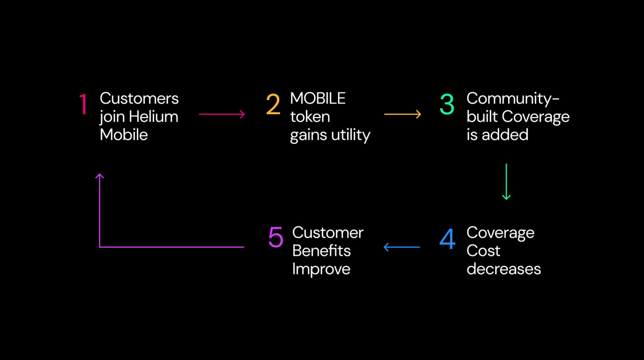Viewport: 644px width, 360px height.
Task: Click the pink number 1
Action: (x=84, y=105)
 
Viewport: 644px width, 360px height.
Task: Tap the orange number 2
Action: (x=273, y=105)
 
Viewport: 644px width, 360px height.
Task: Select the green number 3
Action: (x=447, y=105)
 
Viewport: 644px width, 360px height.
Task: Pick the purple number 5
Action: (x=276, y=237)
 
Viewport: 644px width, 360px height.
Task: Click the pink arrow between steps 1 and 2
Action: (x=221, y=115)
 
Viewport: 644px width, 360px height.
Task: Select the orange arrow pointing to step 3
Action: (x=403, y=115)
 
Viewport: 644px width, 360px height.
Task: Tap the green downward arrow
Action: (x=506, y=182)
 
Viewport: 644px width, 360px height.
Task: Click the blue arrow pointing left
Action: (x=401, y=247)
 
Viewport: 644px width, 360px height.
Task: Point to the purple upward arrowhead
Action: (x=100, y=176)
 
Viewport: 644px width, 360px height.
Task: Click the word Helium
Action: (x=153, y=117)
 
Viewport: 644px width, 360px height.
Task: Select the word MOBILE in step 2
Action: (x=317, y=99)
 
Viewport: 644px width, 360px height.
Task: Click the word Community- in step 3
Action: (x=513, y=99)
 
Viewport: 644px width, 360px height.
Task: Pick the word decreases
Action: (x=503, y=269)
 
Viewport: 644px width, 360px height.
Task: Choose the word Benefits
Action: (x=321, y=251)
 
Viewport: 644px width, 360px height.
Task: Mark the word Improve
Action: (x=321, y=269)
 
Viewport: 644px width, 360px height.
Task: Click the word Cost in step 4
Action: (x=483, y=251)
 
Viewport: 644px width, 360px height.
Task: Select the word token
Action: (x=310, y=117)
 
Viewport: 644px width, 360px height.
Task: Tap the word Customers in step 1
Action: (x=139, y=99)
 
